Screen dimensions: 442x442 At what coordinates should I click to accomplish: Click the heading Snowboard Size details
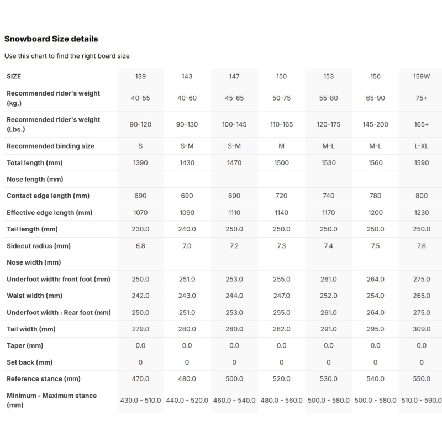(x=51, y=39)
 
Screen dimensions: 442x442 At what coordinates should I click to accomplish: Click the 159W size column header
(x=422, y=76)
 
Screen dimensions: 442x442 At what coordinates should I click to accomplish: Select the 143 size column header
(x=187, y=76)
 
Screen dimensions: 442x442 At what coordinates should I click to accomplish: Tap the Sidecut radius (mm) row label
(x=39, y=246)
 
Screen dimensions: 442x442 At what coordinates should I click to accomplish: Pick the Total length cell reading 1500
(x=281, y=163)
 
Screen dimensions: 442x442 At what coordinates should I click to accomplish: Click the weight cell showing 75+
(x=422, y=98)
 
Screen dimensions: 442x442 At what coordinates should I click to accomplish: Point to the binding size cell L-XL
(x=422, y=146)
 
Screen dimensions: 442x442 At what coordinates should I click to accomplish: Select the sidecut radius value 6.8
(x=140, y=246)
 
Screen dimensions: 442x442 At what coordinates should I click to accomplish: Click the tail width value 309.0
(x=422, y=329)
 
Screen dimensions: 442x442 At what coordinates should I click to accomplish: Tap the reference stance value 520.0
(x=281, y=379)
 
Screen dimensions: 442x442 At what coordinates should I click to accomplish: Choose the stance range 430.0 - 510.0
(x=140, y=401)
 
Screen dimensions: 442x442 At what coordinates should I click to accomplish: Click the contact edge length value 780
(x=375, y=196)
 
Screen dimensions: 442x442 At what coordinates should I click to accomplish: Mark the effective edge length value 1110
(x=234, y=213)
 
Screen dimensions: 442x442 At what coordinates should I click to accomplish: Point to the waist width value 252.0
(x=328, y=296)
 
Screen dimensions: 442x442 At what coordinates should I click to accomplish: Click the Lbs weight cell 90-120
(x=140, y=124)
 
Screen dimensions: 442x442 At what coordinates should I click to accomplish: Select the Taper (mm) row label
(x=25, y=346)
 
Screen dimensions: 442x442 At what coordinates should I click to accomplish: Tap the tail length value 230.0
(x=140, y=229)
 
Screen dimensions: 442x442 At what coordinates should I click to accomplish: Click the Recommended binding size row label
(x=50, y=146)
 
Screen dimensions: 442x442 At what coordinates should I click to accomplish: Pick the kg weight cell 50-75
(x=281, y=98)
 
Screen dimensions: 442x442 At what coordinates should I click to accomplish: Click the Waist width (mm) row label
(x=34, y=296)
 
